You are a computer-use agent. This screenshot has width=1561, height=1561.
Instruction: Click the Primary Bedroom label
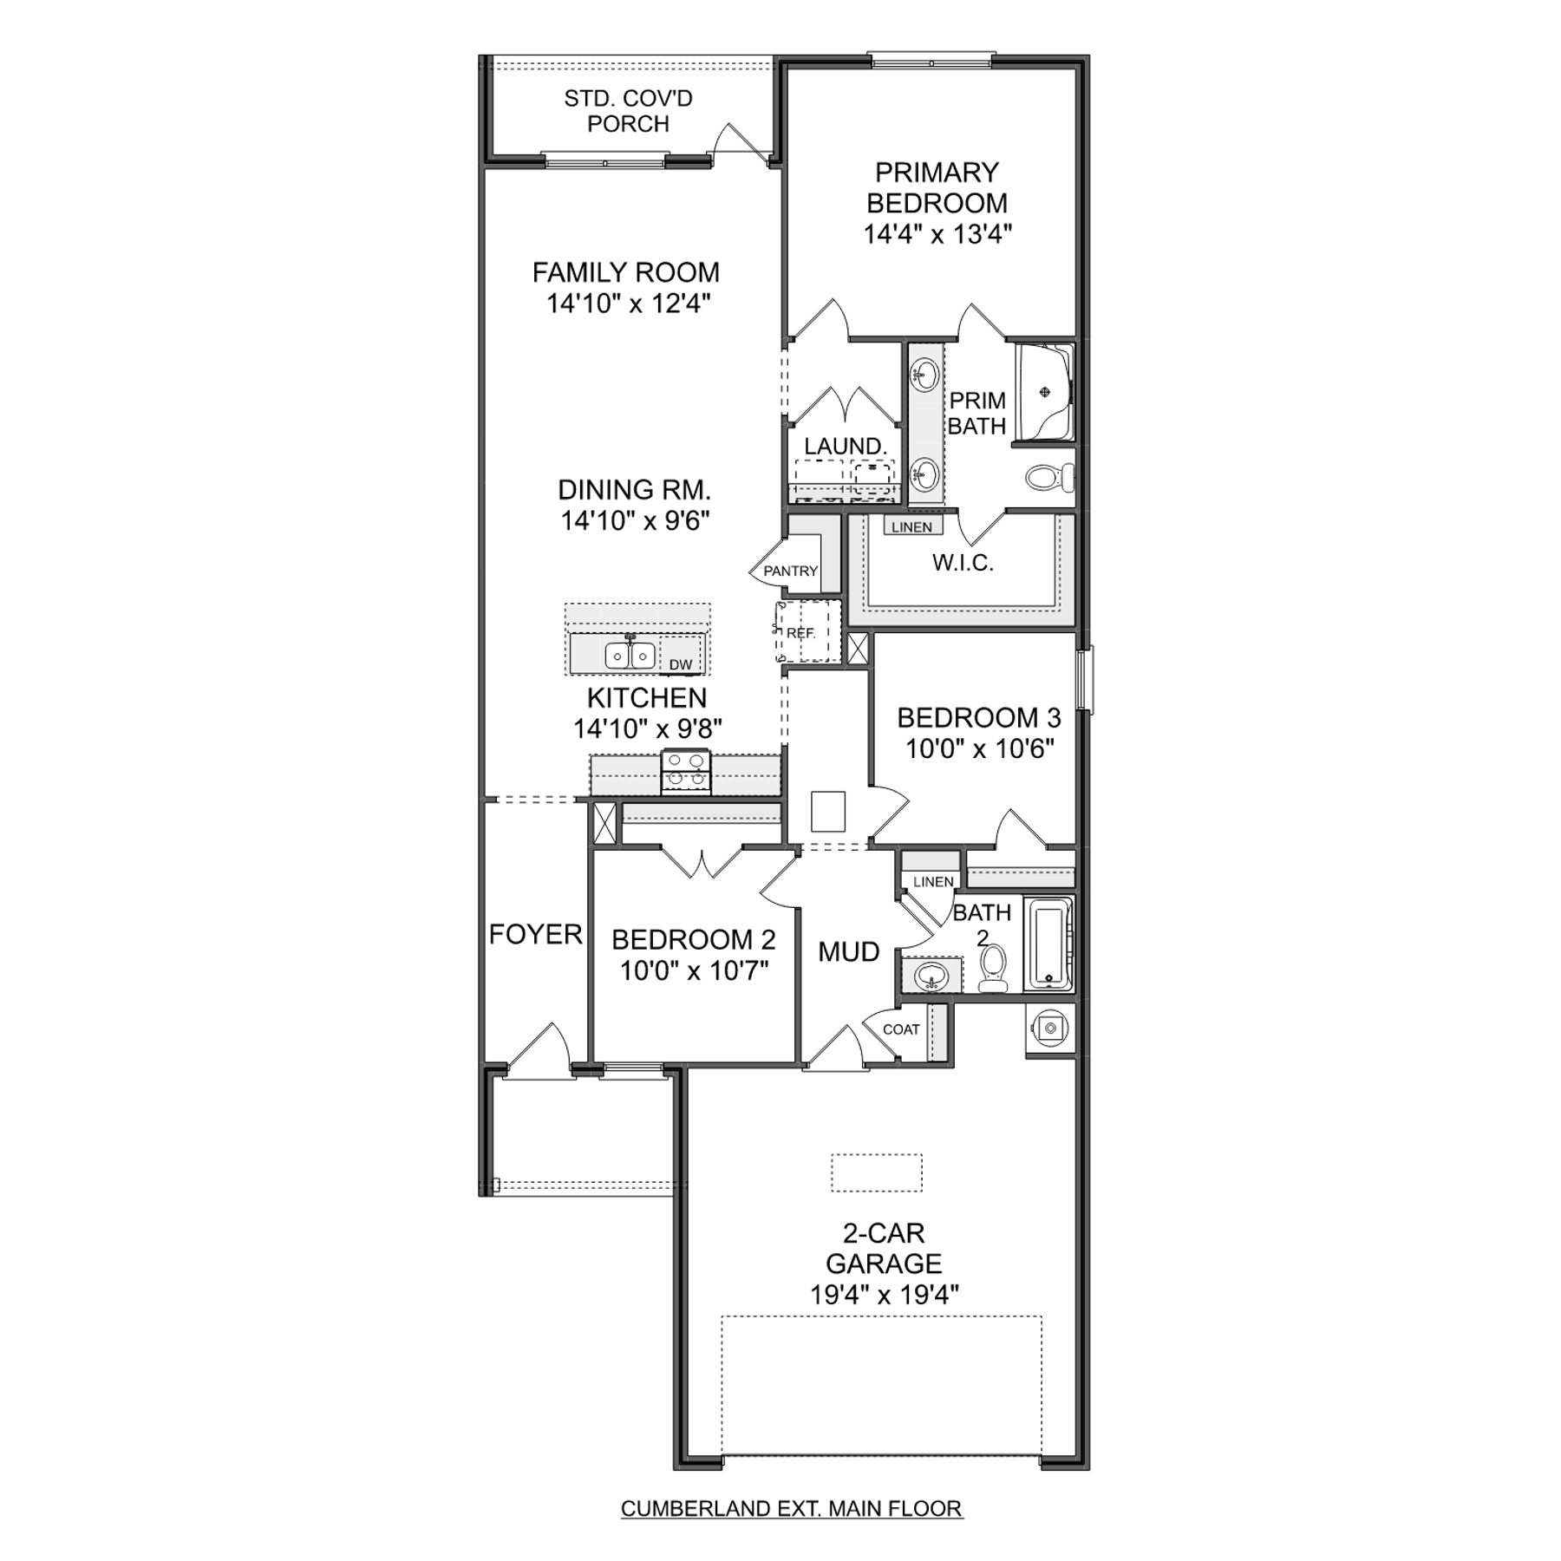[937, 187]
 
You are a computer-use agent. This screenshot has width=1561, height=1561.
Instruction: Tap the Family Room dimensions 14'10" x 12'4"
[629, 304]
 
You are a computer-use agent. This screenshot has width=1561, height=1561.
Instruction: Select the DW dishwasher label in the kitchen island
[681, 665]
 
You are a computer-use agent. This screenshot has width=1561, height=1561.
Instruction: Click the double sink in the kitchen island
[630, 655]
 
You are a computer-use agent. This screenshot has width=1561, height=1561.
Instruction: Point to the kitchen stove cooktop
[685, 771]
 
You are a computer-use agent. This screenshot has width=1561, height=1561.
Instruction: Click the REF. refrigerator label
[801, 633]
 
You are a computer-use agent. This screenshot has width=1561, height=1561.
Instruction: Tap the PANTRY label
[790, 571]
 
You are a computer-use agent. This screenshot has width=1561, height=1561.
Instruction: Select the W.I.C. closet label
[963, 563]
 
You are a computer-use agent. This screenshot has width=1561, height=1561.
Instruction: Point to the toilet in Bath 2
[993, 968]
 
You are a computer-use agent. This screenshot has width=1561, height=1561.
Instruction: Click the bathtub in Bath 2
[1048, 944]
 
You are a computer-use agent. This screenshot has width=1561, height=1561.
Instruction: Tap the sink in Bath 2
[931, 976]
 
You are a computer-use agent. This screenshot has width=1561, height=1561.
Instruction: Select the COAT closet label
[901, 1029]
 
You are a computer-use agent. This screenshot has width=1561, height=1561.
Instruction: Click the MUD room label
[849, 952]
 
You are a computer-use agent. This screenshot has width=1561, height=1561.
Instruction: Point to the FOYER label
[535, 934]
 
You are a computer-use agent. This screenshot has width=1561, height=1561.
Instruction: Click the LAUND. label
[845, 446]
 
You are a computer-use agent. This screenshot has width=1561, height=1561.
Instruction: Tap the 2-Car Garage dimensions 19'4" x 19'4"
[885, 1295]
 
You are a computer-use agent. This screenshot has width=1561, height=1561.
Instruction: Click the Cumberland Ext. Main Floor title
[791, 1508]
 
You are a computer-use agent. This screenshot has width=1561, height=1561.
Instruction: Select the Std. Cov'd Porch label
[628, 111]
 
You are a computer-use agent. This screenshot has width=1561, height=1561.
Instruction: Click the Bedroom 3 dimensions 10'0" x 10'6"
[979, 748]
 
